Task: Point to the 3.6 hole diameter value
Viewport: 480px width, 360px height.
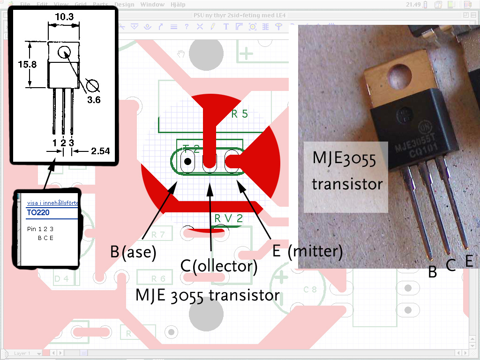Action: [93, 99]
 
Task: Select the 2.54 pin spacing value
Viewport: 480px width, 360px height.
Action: [100, 151]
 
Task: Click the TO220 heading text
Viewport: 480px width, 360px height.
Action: [38, 212]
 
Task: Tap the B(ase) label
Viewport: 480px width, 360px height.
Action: [133, 252]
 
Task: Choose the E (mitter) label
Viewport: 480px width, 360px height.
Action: [307, 251]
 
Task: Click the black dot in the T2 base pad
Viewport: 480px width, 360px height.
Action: [187, 162]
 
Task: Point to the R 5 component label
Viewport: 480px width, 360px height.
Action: [239, 114]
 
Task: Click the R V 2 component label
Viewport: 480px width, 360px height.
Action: [229, 218]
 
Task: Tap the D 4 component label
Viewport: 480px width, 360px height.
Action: [61, 279]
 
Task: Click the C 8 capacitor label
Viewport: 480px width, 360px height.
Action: [310, 289]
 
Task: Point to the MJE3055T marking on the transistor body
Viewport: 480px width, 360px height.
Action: [413, 143]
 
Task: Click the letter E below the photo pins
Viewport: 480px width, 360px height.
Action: [469, 261]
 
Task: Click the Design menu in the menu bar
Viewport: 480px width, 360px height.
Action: [124, 5]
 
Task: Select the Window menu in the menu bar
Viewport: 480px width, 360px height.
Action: [153, 5]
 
